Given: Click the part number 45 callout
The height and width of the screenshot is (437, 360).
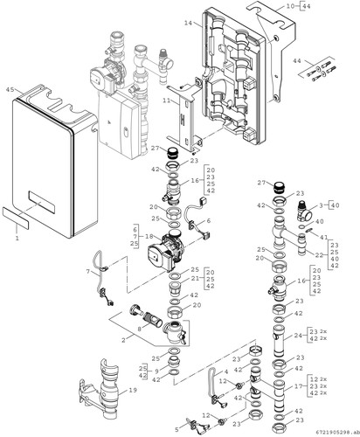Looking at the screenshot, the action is click(x=10, y=90).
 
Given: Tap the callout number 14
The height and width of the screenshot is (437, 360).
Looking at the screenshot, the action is click(x=188, y=23).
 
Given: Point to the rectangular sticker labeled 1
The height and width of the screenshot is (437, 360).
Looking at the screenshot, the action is click(x=16, y=218).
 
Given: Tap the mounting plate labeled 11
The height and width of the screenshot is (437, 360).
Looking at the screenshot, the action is click(x=183, y=116).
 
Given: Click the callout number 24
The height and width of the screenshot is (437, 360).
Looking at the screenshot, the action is click(x=298, y=336).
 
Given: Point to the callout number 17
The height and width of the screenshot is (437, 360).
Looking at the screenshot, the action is click(x=299, y=386).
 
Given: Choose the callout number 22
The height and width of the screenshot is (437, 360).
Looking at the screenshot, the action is click(x=319, y=255).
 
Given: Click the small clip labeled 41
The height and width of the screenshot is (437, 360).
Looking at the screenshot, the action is click(x=309, y=231).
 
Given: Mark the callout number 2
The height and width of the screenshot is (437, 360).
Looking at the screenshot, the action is click(x=123, y=340).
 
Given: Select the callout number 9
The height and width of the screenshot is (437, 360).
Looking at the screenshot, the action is click(x=156, y=371).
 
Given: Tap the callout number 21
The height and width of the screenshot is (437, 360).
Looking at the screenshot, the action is click(x=196, y=279).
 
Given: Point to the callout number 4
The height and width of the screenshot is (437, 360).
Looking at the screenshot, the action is click(x=226, y=372).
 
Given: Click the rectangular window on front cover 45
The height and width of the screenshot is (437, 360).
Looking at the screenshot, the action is click(x=41, y=202).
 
